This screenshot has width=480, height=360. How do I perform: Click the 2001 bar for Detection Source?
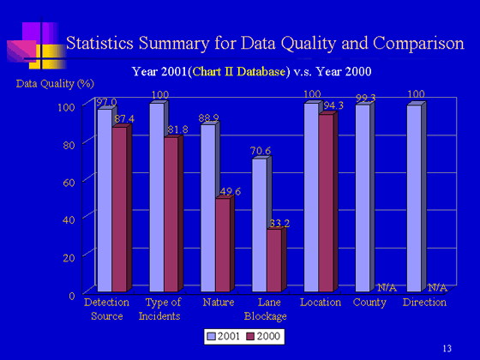[x=105, y=201]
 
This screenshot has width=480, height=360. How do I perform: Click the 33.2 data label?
[x=279, y=224]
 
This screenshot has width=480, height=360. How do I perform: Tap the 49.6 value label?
[x=231, y=192]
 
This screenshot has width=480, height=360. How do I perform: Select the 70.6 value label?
[x=261, y=151]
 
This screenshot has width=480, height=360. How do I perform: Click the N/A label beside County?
[x=387, y=288]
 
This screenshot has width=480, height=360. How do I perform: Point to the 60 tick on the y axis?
[x=69, y=183]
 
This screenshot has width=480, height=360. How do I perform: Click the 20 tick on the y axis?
[x=69, y=258]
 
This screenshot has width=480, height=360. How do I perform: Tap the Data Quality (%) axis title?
[x=55, y=84]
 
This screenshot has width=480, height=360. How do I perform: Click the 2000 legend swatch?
[x=250, y=337]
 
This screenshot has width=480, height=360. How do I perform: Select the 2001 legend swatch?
[x=211, y=337]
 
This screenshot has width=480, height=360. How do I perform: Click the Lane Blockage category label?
[x=266, y=309]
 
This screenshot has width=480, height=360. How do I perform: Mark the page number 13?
[x=447, y=348]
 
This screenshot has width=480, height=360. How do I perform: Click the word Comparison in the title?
[x=418, y=44]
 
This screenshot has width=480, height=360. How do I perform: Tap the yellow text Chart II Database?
[x=239, y=72]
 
